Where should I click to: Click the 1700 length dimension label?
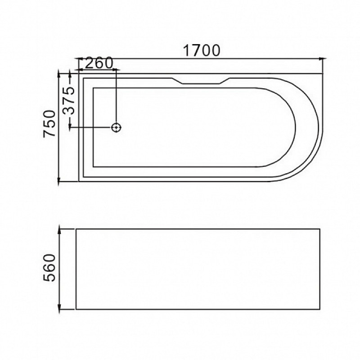[x=201, y=50]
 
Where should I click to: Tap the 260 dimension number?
[x=99, y=63]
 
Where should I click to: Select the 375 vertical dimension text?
[x=69, y=100]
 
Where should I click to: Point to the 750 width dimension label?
[x=49, y=124]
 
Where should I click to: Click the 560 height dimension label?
[x=49, y=267]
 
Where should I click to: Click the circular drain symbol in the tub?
[x=116, y=127]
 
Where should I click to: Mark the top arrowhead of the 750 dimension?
[x=59, y=74]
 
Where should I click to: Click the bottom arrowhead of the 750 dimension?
[x=59, y=181]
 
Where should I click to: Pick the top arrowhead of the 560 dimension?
[x=59, y=229]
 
